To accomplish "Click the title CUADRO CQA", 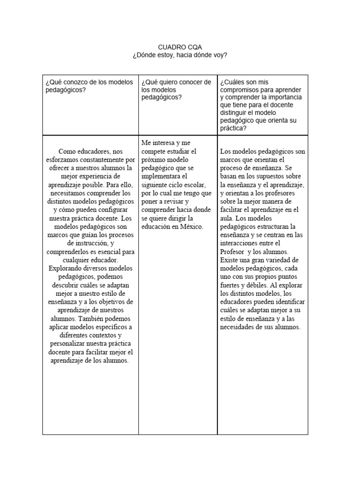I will click(180, 47).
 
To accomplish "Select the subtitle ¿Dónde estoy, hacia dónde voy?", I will click(180, 55).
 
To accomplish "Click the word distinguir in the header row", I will click(235, 112).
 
